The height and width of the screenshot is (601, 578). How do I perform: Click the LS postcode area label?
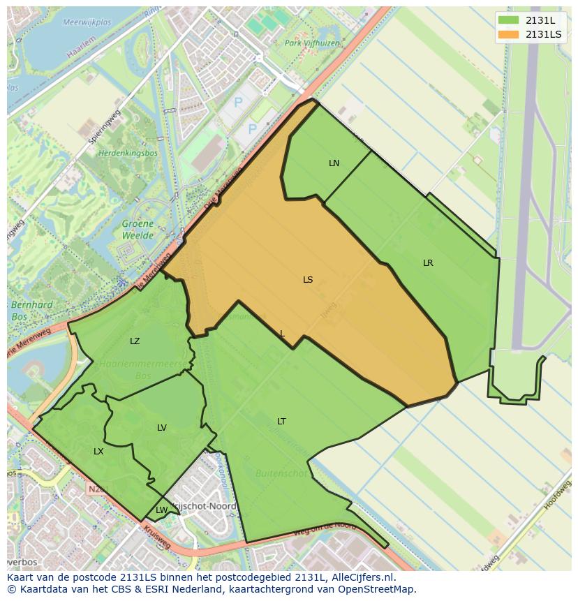[x=308, y=280]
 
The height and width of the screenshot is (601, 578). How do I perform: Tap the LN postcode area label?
[x=334, y=163]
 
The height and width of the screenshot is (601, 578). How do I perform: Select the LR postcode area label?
[x=428, y=263]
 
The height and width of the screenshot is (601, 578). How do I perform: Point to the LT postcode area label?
[x=281, y=422]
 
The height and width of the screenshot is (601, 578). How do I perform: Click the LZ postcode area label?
[x=135, y=341]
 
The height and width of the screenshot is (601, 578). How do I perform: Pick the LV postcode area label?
[x=162, y=428]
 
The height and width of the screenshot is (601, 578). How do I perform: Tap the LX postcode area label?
[x=98, y=452]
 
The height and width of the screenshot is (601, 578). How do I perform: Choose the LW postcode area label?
[x=161, y=510]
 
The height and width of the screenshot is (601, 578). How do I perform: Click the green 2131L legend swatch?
[x=509, y=20]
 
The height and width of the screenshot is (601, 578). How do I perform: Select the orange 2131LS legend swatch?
[x=509, y=34]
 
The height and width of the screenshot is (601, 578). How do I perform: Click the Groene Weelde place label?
[x=138, y=230]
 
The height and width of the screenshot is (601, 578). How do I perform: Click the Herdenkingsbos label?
[x=128, y=153]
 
